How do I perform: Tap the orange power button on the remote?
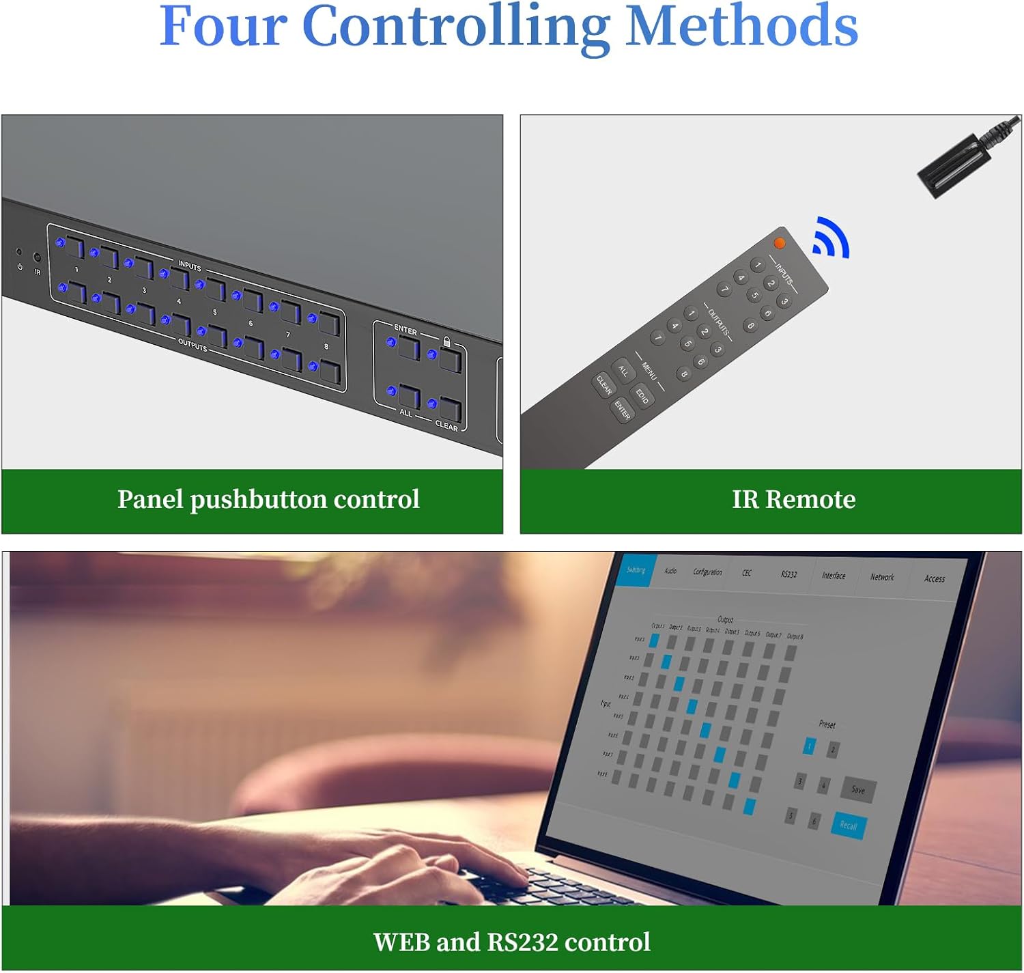[x=780, y=243]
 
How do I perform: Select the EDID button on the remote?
[x=642, y=395]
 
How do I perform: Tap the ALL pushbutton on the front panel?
[x=410, y=397]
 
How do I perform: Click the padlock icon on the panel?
[x=447, y=341]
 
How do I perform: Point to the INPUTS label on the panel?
[x=190, y=266]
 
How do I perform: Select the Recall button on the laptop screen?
[x=849, y=826]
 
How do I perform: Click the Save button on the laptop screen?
[x=858, y=790]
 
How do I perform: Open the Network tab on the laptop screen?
[x=882, y=577]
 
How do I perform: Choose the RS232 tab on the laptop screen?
[x=788, y=574]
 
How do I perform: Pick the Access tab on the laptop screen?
[x=935, y=578]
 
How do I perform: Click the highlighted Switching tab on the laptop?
[x=636, y=570]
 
